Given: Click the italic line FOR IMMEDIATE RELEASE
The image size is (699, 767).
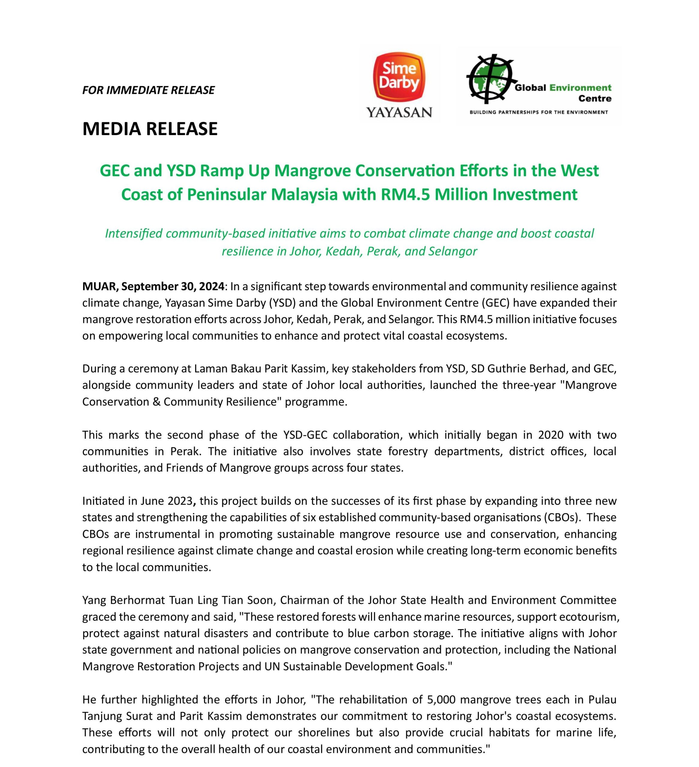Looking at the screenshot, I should [148, 90].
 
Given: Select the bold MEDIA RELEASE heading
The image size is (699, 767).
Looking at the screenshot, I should [150, 129].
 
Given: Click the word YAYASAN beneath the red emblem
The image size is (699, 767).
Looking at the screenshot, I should [399, 112].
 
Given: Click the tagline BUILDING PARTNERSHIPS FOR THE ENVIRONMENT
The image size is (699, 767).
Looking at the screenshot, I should [539, 112].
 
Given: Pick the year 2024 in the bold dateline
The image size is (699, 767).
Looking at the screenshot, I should [211, 286].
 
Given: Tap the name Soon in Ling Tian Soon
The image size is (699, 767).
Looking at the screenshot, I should [263, 600].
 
